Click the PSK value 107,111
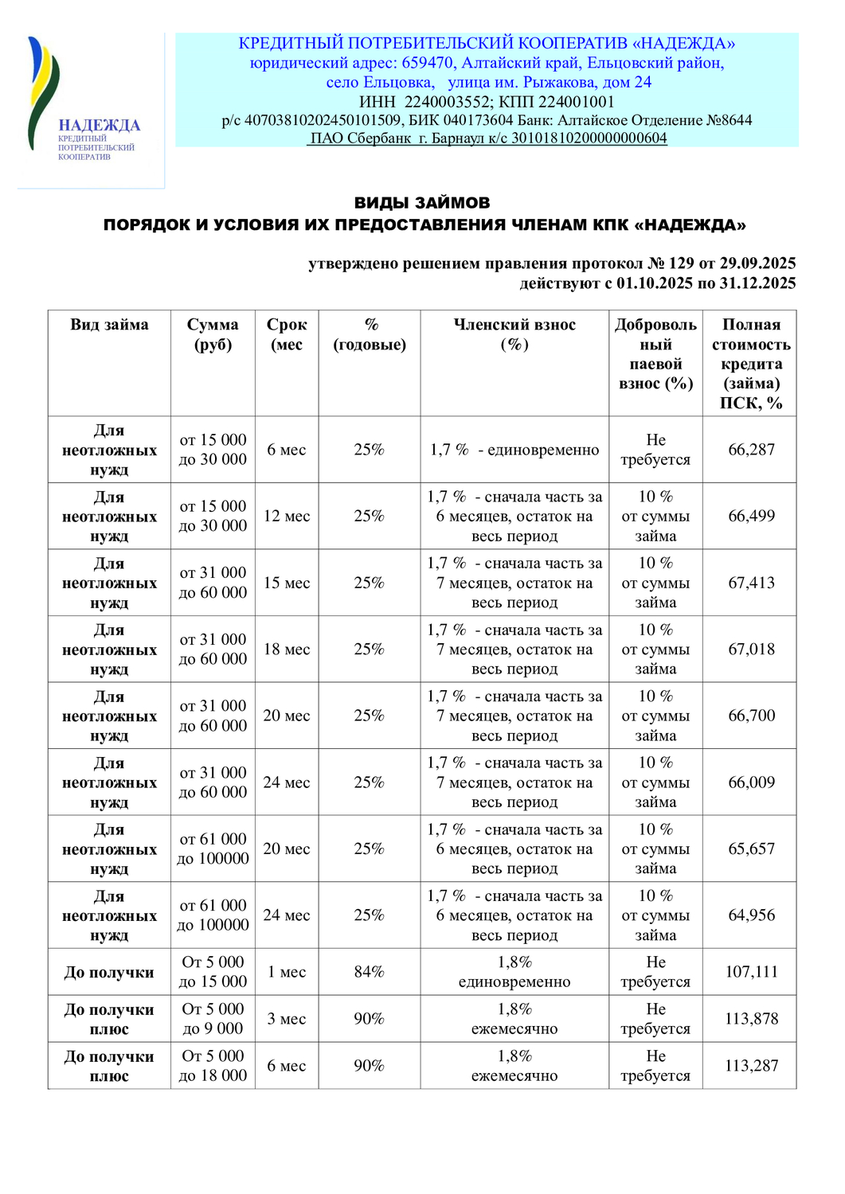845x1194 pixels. point(750,972)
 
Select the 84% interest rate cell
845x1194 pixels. point(369,972)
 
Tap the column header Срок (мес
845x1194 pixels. point(287,334)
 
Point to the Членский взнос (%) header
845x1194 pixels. point(514,334)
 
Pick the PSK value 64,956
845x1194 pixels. point(750,915)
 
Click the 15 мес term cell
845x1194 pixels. point(287,583)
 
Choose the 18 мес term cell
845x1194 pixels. point(287,650)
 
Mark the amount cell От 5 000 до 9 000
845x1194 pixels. point(213,1019)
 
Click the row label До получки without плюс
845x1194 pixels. point(109,972)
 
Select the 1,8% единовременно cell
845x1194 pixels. point(514,972)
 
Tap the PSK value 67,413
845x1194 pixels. point(750,583)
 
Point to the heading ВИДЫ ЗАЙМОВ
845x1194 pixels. point(422,203)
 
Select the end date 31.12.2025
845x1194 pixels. point(757,283)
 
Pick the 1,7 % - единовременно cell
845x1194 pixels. point(514,450)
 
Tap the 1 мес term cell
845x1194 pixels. point(287,972)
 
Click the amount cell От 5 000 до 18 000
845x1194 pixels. point(213,1066)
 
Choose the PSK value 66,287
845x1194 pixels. point(750,450)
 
